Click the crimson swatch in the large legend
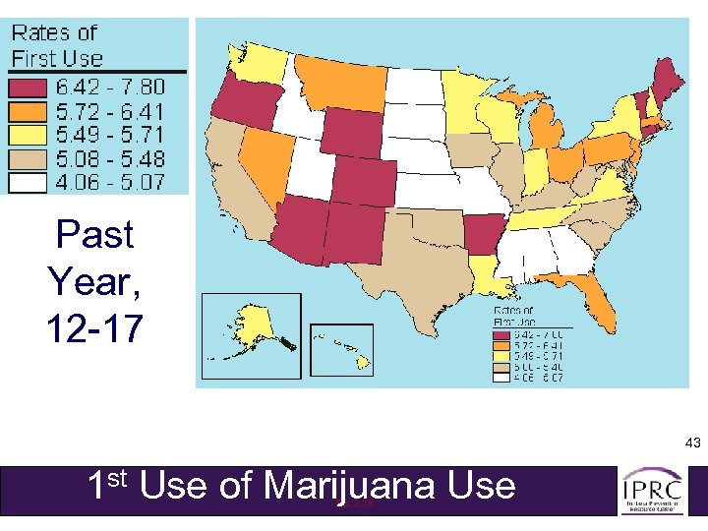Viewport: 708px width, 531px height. coord(30,88)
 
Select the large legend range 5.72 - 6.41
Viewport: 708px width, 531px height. coord(110,110)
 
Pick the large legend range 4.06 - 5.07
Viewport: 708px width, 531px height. coord(110,181)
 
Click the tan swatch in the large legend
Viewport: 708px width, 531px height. coord(30,157)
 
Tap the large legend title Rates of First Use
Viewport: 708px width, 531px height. coord(56,45)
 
